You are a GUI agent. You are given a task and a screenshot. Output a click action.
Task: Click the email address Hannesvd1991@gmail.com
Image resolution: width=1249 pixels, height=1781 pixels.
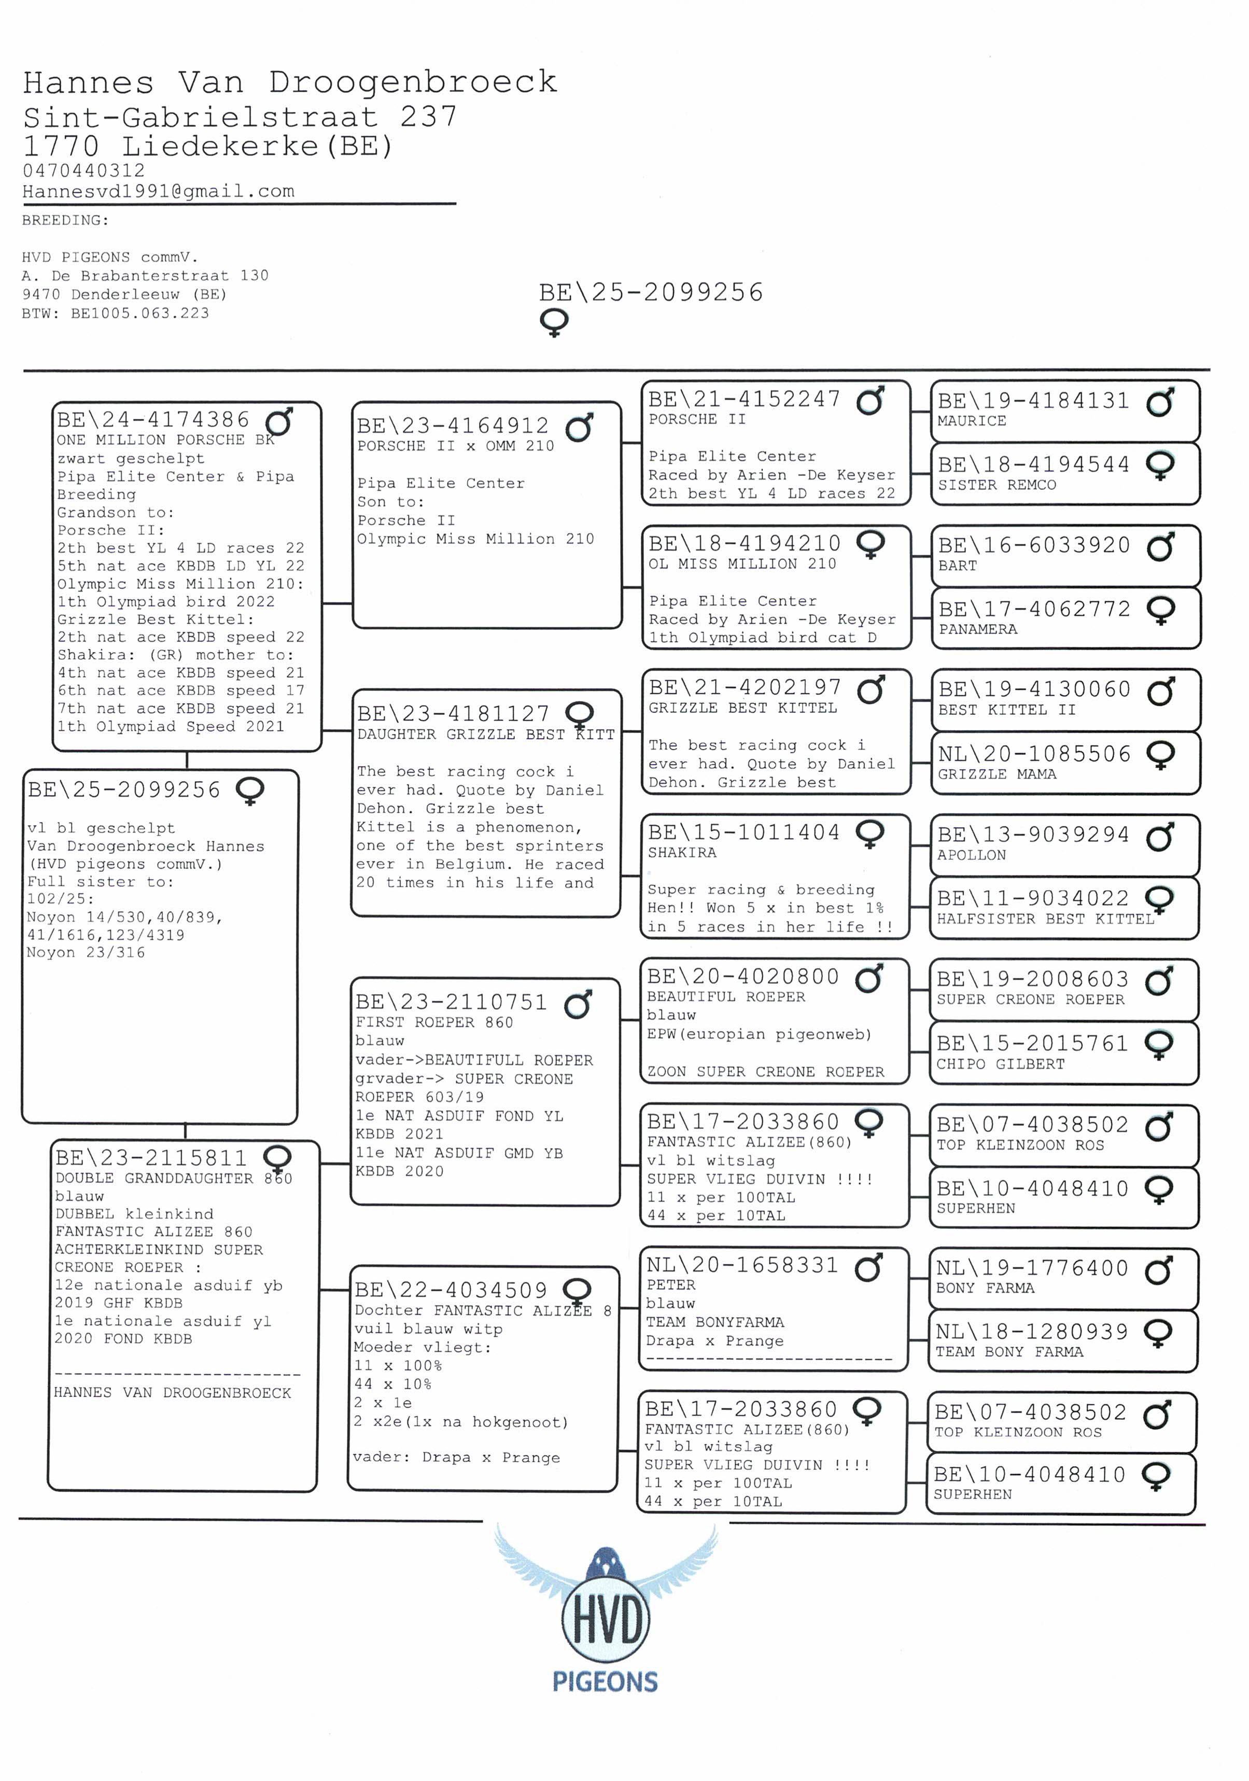pyautogui.click(x=158, y=192)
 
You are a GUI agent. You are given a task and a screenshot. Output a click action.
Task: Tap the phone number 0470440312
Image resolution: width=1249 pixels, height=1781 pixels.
pyautogui.click(x=84, y=171)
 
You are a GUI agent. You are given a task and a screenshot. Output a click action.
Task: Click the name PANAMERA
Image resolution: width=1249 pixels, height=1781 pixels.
pyautogui.click(x=977, y=629)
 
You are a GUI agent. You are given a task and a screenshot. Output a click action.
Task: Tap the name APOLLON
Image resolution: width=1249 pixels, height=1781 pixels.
pyautogui.click(x=971, y=855)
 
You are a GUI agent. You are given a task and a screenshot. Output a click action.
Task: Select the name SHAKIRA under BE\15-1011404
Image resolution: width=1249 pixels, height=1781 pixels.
pyautogui.click(x=682, y=853)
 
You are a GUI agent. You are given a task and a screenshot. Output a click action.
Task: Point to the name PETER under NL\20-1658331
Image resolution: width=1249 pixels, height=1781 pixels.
pyautogui.click(x=670, y=1284)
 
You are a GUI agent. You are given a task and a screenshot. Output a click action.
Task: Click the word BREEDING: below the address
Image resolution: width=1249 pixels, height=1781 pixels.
pyautogui.click(x=65, y=220)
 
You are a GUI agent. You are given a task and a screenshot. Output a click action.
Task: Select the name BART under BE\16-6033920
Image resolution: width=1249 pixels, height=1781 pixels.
pyautogui.click(x=957, y=566)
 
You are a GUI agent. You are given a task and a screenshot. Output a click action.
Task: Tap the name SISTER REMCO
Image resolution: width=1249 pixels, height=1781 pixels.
pyautogui.click(x=997, y=485)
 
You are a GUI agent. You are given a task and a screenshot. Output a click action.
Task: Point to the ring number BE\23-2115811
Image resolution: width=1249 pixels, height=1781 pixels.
pyautogui.click(x=150, y=1158)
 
